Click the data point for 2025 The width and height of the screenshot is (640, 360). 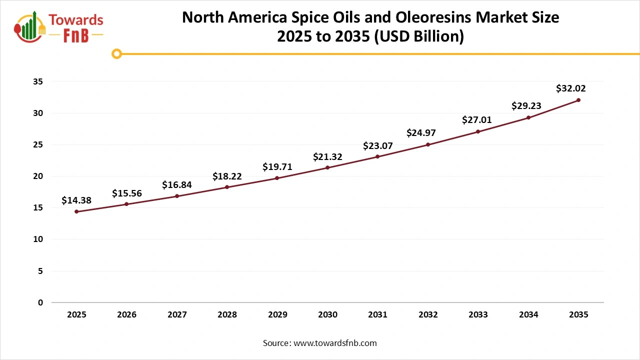(76, 211)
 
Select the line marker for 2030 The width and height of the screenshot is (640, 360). (327, 167)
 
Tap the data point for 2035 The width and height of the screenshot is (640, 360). (578, 100)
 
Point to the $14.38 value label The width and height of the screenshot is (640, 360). (76, 200)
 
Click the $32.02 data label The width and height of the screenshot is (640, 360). (570, 88)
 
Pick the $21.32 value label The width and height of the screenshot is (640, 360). (327, 156)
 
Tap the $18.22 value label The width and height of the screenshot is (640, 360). (227, 176)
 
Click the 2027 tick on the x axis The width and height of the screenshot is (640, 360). (177, 315)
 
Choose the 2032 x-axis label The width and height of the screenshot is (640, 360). (428, 315)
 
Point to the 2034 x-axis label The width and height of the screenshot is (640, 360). (528, 315)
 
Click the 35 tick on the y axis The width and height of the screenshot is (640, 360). (38, 81)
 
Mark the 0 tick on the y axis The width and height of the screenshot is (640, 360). (40, 302)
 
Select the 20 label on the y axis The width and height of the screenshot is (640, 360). (38, 176)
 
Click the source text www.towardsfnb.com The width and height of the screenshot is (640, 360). (335, 343)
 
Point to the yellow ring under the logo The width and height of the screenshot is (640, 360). (116, 53)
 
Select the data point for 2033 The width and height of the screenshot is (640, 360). (478, 131)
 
